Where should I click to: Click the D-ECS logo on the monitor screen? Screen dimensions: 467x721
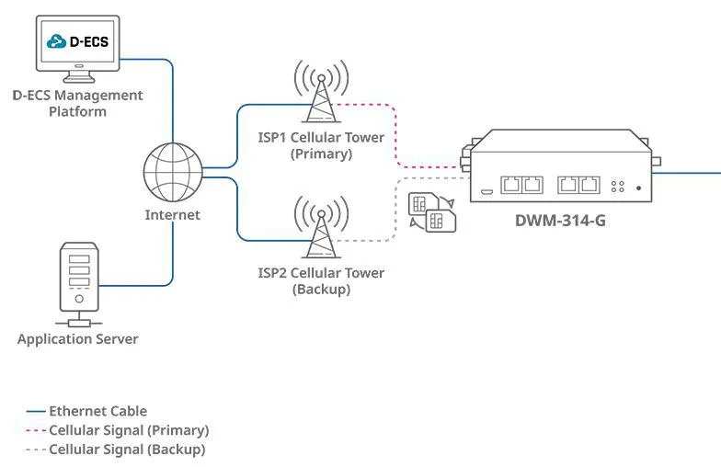(79, 41)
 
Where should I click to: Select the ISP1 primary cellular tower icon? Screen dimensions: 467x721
(321, 92)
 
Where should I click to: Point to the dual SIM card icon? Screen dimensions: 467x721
(433, 212)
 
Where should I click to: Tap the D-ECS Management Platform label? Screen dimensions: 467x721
(77, 103)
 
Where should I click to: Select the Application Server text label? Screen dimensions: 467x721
(78, 339)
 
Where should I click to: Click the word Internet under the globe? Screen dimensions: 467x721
(172, 215)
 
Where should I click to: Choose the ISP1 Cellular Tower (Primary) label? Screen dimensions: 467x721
(321, 146)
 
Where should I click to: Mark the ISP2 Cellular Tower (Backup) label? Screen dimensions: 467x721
(321, 281)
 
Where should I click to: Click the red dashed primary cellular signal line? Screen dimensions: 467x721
(395, 138)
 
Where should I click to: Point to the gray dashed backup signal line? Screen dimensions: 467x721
(395, 211)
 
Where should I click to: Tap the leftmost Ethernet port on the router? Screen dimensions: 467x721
(510, 185)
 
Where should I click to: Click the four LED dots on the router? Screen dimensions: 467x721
(618, 186)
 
